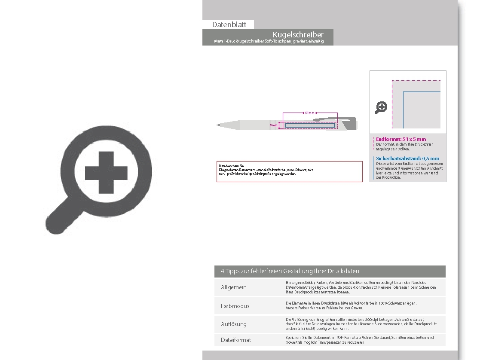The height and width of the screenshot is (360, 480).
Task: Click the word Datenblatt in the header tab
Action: click(x=229, y=24)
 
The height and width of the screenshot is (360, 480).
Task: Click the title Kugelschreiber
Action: click(x=298, y=34)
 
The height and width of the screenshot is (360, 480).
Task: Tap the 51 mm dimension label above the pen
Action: click(x=310, y=113)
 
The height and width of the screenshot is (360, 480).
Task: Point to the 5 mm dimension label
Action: click(x=273, y=125)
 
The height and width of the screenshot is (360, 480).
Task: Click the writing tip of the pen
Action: click(x=218, y=125)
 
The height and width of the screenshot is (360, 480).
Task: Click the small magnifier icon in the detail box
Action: click(x=381, y=107)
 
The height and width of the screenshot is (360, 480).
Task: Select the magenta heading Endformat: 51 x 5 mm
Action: click(x=401, y=139)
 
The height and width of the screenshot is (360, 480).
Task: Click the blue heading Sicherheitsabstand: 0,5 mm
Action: click(x=407, y=159)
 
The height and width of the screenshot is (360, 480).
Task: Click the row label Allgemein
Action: click(x=234, y=287)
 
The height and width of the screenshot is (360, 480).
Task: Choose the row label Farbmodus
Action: click(x=235, y=306)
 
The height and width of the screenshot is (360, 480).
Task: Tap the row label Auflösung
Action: click(x=234, y=324)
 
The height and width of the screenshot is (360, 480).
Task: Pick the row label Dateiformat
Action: click(x=236, y=340)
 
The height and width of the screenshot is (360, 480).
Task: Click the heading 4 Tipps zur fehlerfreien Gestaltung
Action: click(x=290, y=271)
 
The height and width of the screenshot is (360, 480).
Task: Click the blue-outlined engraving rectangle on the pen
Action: click(x=310, y=125)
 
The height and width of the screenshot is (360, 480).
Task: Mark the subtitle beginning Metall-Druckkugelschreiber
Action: click(x=269, y=41)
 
